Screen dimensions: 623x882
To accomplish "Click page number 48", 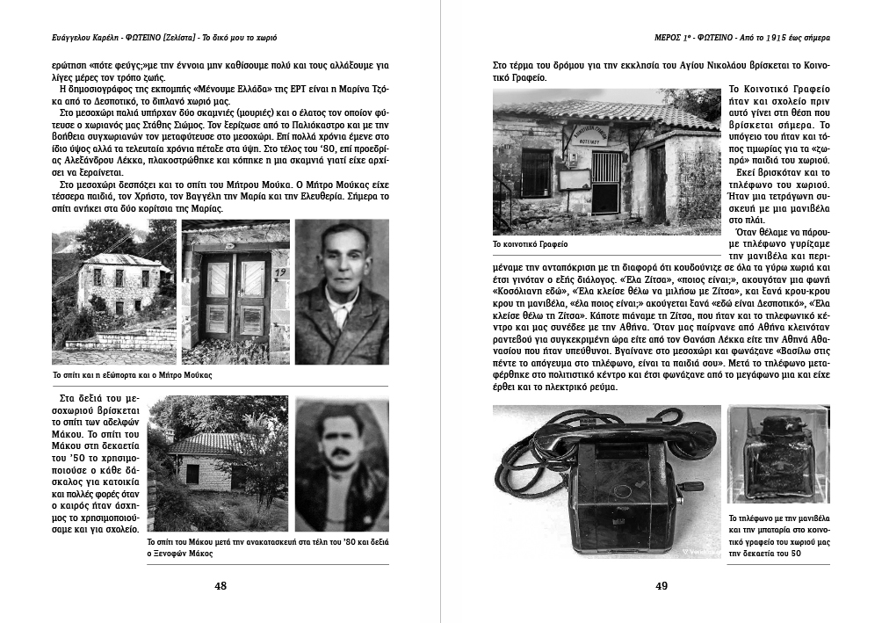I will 220,587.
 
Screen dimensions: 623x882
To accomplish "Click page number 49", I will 661,587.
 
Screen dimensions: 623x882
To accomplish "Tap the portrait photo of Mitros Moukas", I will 341,292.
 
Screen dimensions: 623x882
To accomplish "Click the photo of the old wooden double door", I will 235,293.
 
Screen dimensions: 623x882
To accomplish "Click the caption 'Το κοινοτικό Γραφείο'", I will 530,243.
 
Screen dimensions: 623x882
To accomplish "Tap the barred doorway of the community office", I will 606,180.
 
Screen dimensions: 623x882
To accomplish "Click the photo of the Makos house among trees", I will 217,465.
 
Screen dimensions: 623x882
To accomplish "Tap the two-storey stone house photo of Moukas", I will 114,292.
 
